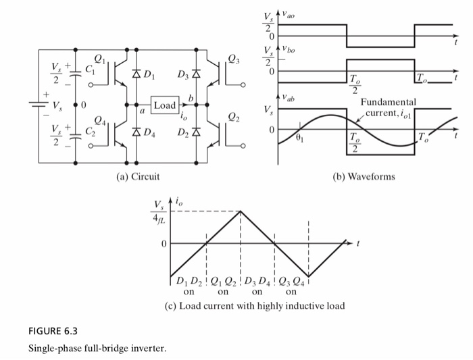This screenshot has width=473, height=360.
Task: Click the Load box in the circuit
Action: [x=164, y=106]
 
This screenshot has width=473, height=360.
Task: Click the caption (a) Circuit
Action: [x=138, y=177]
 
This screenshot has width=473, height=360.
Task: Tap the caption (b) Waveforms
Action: [x=365, y=177]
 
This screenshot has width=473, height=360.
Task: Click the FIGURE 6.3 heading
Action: [x=53, y=331]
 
